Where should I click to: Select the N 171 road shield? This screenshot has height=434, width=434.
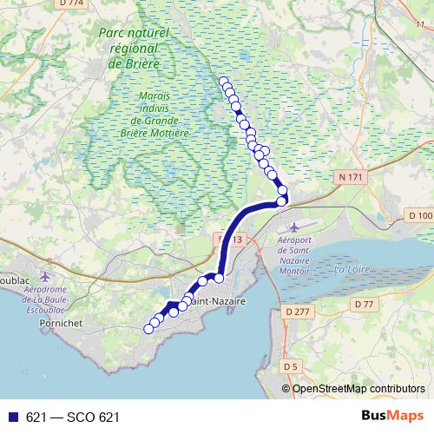coord(349,177)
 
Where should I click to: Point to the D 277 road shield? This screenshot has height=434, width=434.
coord(296,311)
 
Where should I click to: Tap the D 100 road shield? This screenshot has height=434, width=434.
coord(420,215)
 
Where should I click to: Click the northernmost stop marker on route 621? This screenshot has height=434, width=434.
coord(224,82)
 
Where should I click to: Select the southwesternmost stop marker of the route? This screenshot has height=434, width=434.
coord(148,328)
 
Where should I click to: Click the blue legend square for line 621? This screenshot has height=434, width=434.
coord(13,418)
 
